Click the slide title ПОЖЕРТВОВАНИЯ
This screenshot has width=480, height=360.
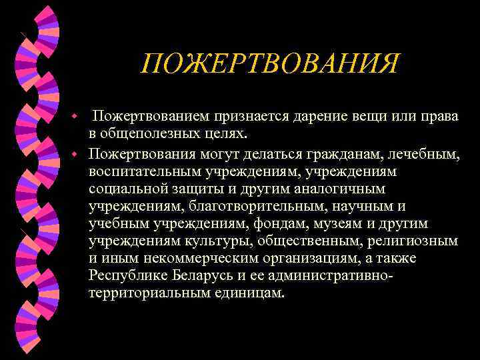270,65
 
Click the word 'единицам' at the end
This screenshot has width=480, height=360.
249,293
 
